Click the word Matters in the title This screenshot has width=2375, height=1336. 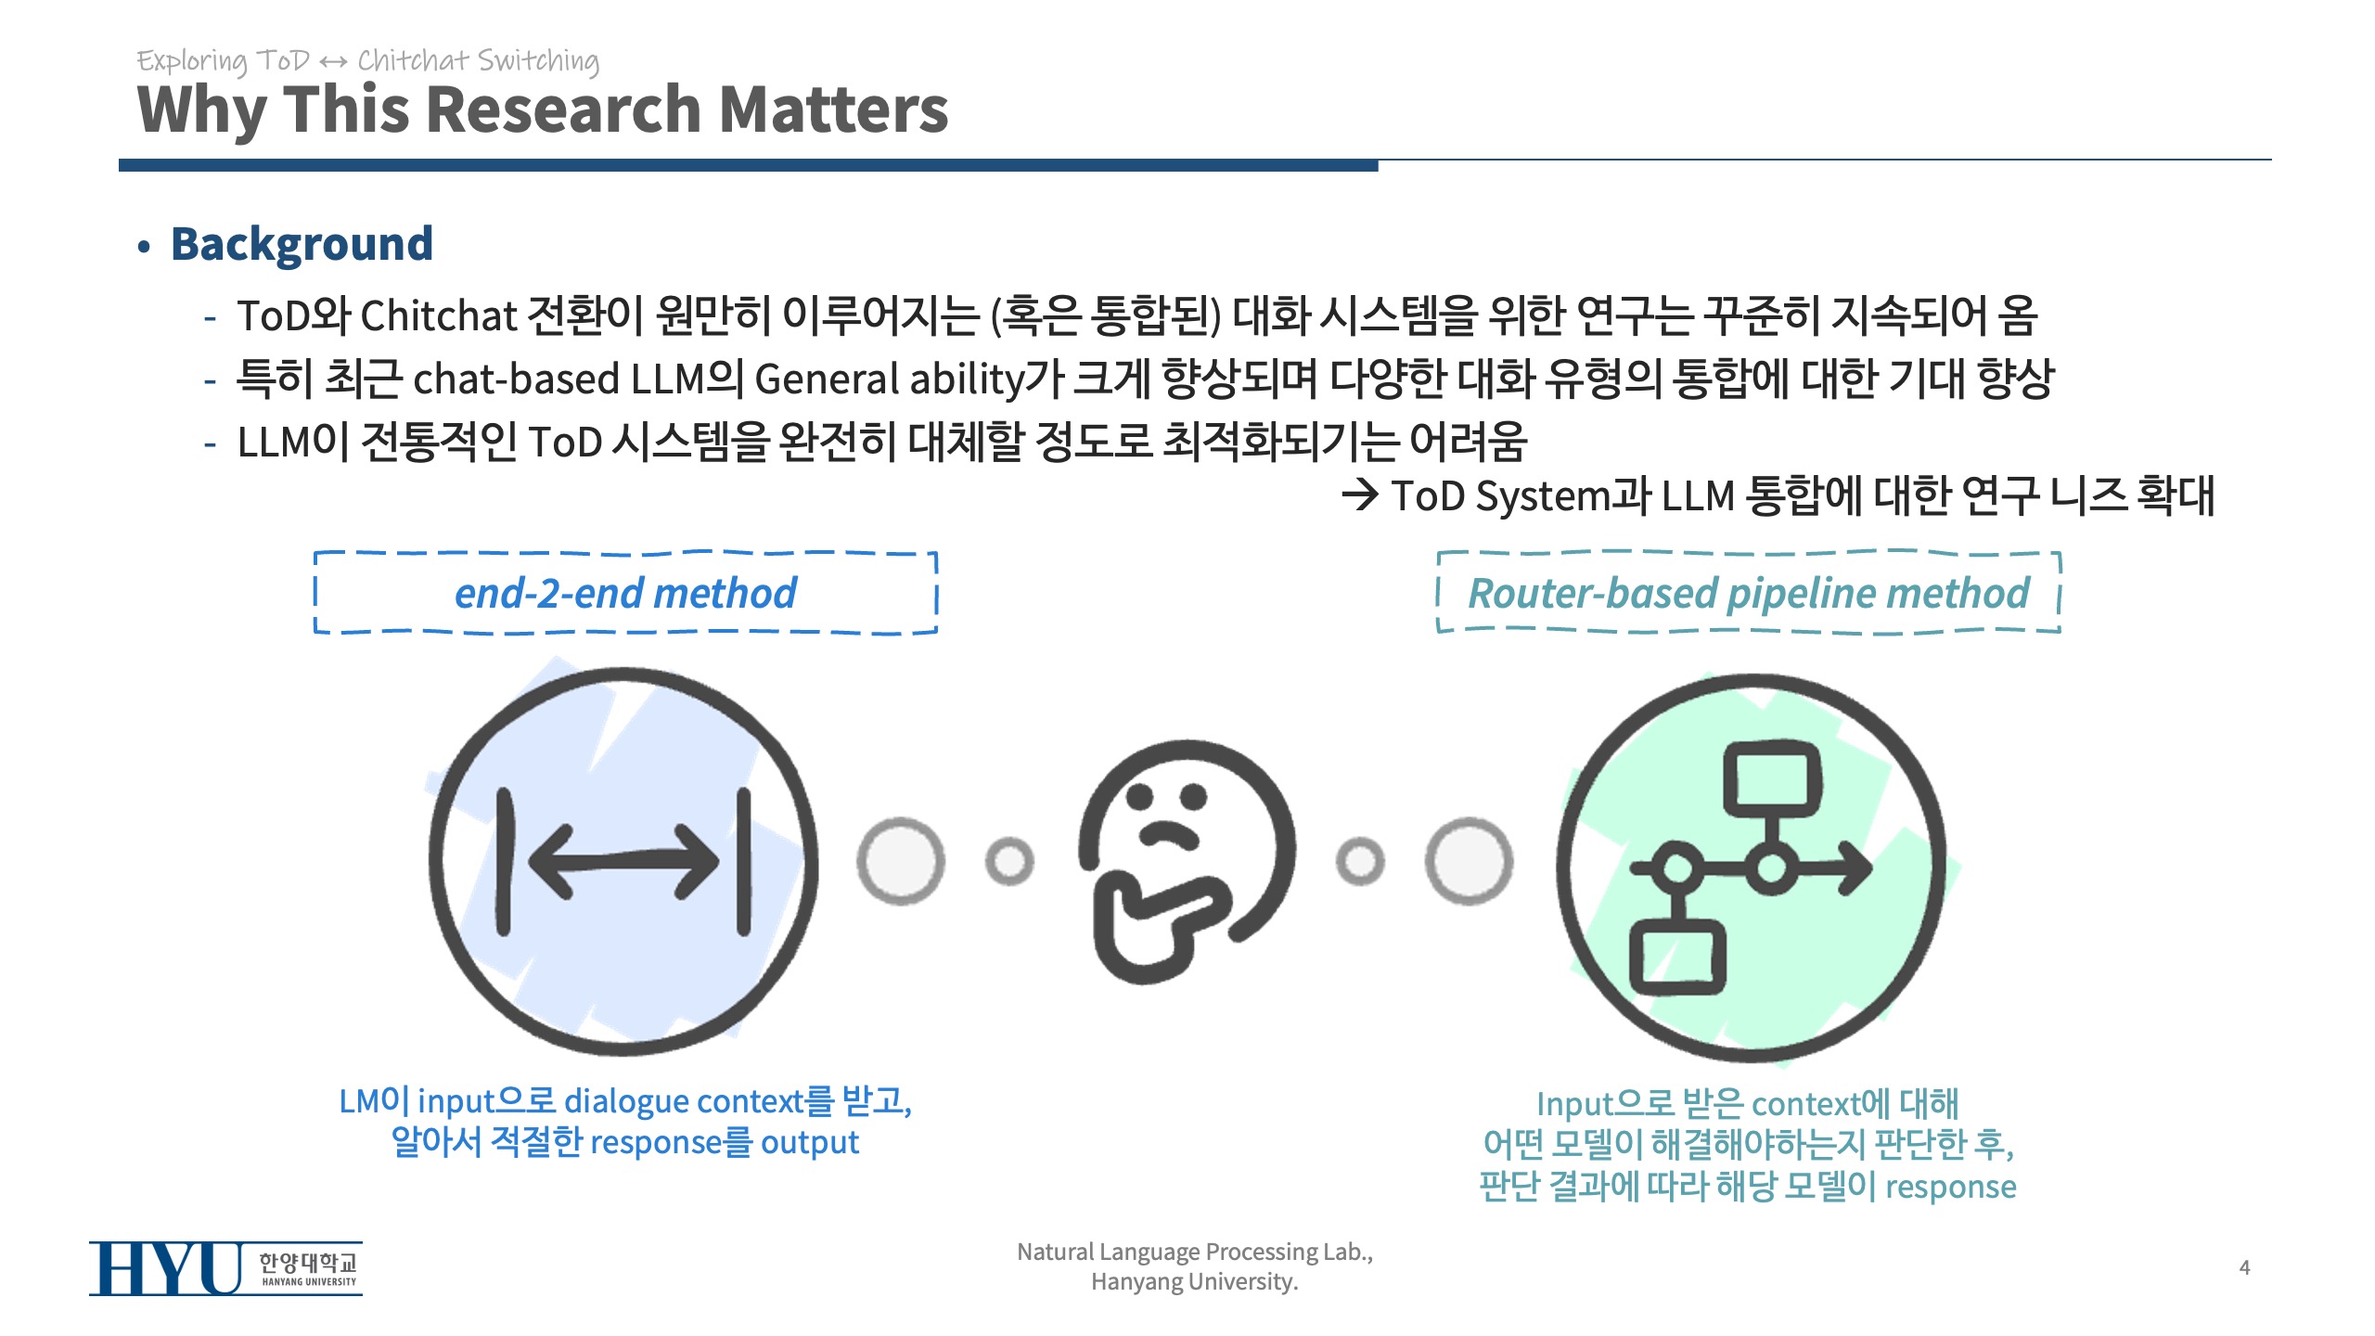pos(833,109)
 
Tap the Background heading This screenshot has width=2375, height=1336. pos(302,245)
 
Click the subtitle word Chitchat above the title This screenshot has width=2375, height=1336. pos(413,60)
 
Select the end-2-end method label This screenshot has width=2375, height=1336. pos(625,593)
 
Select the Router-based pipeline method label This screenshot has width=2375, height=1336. pos(1749,593)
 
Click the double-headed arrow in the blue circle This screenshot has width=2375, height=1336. pos(623,862)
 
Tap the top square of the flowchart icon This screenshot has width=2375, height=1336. pos(1772,779)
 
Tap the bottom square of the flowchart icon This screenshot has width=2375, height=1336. pos(1677,956)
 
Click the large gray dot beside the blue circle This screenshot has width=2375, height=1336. pos(901,861)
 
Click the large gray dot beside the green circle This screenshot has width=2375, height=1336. pos(1470,861)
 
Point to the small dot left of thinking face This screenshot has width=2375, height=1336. pos(1009,861)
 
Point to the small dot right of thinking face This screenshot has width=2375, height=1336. pos(1360,861)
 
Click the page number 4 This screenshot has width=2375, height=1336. pos(2245,1267)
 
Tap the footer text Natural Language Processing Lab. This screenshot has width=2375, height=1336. pos(1195,1252)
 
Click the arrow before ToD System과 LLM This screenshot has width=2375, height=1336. pos(1361,495)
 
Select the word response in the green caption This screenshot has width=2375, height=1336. pos(1951,1188)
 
